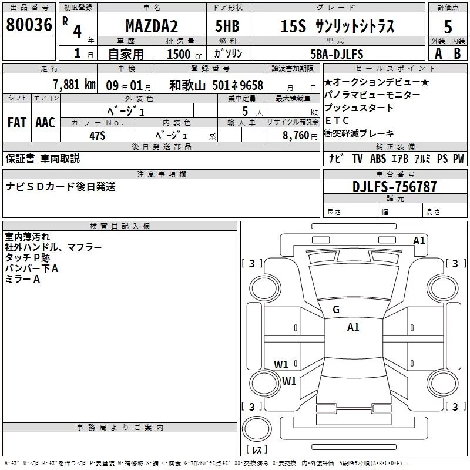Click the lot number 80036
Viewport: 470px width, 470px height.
[29, 25]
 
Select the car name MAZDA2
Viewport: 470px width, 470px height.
[152, 26]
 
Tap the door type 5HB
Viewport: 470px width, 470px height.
[227, 26]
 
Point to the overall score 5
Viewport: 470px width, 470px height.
[448, 26]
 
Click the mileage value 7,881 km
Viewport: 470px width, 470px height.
[74, 85]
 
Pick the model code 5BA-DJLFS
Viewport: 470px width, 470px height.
[337, 54]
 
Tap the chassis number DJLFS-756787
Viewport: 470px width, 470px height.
[394, 186]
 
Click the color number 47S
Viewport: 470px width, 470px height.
[98, 136]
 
